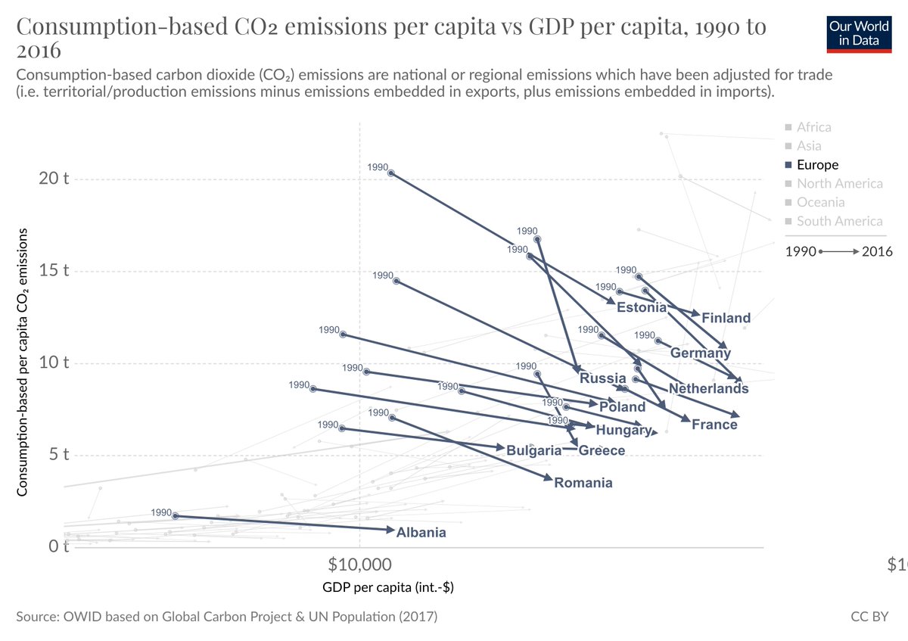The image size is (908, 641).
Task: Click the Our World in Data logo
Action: tap(858, 33)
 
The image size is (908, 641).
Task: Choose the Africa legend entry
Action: tap(813, 127)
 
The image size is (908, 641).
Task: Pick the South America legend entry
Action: tap(839, 221)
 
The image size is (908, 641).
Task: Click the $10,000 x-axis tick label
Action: tap(360, 565)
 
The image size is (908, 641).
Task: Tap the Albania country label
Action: tap(421, 533)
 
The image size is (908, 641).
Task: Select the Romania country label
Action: tap(583, 483)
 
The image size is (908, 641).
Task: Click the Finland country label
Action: tap(726, 319)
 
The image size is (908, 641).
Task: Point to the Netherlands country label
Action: tap(708, 389)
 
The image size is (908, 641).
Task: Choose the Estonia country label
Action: tap(642, 307)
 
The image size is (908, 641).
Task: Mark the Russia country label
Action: tap(602, 378)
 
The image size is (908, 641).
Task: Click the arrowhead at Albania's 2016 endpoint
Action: tap(391, 529)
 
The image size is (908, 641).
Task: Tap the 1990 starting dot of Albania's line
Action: tap(176, 515)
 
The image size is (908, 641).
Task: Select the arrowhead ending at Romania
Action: tap(549, 478)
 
